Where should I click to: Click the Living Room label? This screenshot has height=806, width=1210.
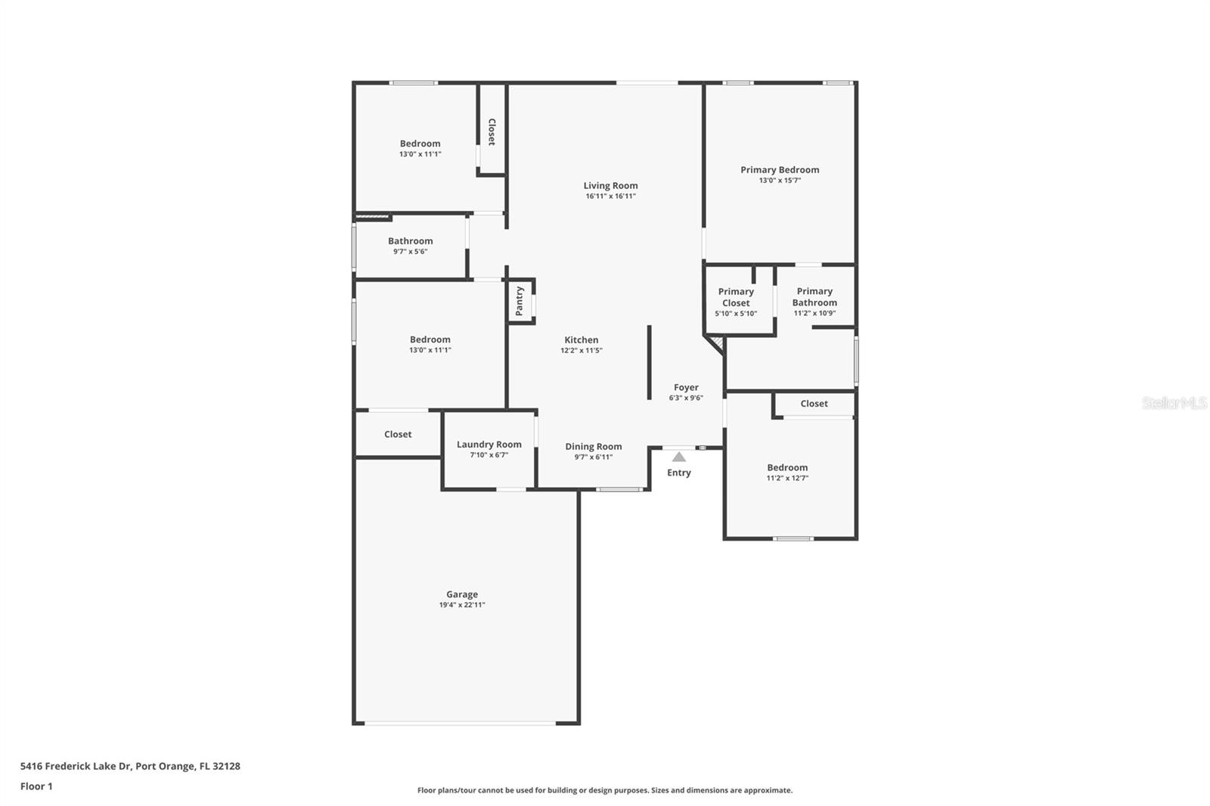(x=610, y=185)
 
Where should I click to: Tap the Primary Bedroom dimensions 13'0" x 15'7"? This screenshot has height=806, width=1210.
(x=780, y=181)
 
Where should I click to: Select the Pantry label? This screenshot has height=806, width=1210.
(x=520, y=301)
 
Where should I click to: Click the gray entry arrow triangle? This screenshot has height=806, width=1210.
(x=679, y=457)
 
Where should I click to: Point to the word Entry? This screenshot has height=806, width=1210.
(x=679, y=473)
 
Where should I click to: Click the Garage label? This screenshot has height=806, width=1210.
(x=461, y=594)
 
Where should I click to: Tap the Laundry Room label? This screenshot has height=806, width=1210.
(x=489, y=445)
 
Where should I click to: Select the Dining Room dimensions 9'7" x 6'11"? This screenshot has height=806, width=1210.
(x=593, y=457)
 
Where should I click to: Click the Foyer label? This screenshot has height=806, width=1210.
(x=686, y=387)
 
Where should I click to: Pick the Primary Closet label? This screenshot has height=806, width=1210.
(x=736, y=297)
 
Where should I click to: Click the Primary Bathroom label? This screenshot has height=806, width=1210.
(x=814, y=296)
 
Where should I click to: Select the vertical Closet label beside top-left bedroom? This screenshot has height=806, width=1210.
(x=492, y=132)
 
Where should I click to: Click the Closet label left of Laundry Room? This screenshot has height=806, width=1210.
(x=398, y=434)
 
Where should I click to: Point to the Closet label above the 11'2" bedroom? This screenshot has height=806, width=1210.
(x=814, y=404)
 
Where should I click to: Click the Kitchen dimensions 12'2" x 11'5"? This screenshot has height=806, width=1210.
(x=581, y=351)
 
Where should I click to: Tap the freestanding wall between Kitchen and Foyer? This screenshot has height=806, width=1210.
(x=649, y=362)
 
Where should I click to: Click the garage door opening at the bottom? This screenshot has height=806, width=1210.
(x=460, y=724)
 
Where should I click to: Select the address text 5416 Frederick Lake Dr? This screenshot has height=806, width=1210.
(x=76, y=766)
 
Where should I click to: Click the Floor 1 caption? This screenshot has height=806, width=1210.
(x=36, y=786)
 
